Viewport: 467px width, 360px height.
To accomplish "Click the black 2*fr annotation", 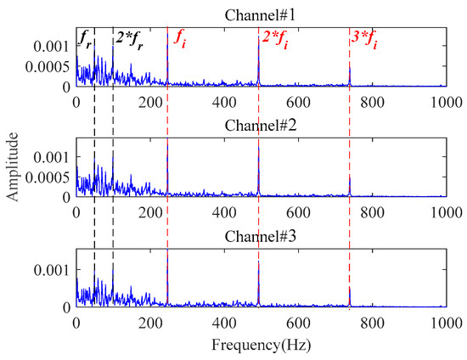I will click(128, 38).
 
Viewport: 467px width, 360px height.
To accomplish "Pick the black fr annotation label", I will click(85, 38).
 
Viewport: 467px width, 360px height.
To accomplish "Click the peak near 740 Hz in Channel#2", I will click(350, 180).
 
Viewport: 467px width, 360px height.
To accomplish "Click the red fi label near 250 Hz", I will click(180, 38).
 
